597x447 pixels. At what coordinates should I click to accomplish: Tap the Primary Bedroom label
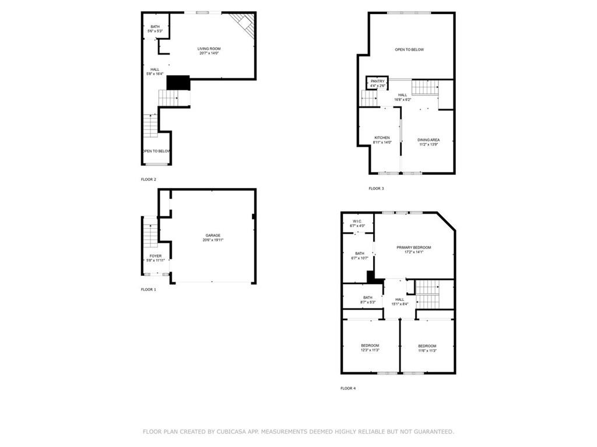pyautogui.click(x=414, y=248)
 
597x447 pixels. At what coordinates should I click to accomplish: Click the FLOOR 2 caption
pyautogui.click(x=149, y=179)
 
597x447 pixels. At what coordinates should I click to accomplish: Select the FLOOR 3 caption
pyautogui.click(x=376, y=189)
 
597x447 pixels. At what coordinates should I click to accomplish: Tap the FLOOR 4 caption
pyautogui.click(x=348, y=388)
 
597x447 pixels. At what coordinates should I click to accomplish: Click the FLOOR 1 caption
pyautogui.click(x=149, y=289)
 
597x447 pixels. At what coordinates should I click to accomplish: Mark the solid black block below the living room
pyautogui.click(x=178, y=83)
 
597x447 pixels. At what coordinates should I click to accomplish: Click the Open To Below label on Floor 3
pyautogui.click(x=409, y=49)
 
